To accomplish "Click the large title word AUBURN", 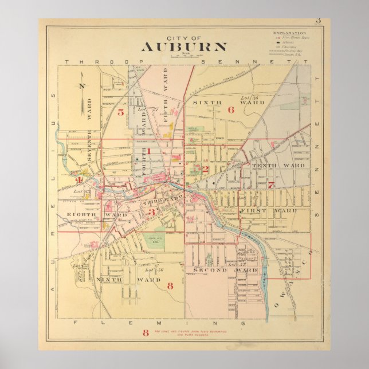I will (184, 47).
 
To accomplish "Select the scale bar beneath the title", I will (186, 56).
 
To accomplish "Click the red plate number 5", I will (121, 112).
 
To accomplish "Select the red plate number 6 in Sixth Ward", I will (231, 110).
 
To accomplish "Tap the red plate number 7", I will (270, 185).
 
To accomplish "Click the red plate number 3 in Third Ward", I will (152, 212).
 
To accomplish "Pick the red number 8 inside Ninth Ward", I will (170, 285).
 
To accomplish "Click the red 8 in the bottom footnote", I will (146, 333).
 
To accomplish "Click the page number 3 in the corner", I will (318, 22).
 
